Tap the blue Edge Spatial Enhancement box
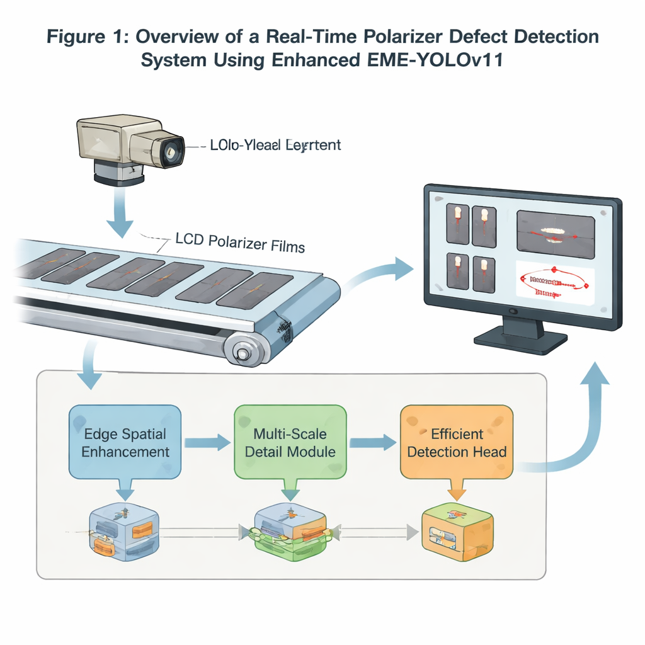coord(125,443)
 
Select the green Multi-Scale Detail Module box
coord(290,443)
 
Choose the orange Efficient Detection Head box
coord(457,443)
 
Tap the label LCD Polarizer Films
coord(239,243)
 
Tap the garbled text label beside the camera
coord(276,146)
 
